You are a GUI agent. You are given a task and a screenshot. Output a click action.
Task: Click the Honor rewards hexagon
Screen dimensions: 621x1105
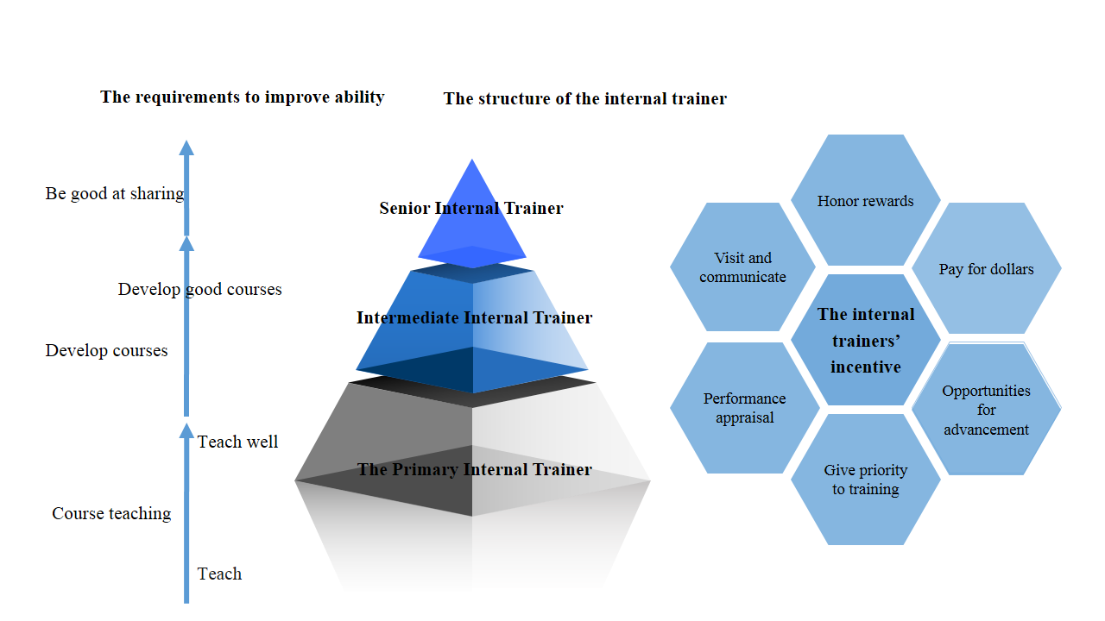point(865,201)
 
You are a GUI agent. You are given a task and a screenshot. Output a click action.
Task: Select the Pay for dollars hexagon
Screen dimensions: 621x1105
point(986,269)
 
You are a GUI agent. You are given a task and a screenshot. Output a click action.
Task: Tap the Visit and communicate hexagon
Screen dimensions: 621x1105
point(742,267)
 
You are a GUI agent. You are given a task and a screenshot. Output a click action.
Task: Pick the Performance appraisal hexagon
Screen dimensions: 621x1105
point(744,408)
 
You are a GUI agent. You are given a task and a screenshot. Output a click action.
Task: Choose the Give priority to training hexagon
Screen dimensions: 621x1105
point(865,480)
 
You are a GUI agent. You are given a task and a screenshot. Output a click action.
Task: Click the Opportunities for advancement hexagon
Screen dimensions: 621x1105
point(986,410)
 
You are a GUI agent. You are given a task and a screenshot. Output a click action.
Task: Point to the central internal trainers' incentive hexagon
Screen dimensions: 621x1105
point(866,340)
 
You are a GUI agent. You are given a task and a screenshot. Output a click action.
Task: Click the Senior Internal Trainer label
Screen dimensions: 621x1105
point(471,208)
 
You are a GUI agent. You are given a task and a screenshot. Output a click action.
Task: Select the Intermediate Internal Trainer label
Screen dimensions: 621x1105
point(474,317)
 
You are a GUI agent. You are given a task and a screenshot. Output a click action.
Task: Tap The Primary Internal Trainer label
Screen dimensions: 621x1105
point(474,469)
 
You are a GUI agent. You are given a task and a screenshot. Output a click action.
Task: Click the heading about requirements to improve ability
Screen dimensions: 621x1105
point(243,97)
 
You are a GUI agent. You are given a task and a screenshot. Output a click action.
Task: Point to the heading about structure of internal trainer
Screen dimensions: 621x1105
point(585,98)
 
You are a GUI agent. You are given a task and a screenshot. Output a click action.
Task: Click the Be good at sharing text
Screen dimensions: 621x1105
point(114,193)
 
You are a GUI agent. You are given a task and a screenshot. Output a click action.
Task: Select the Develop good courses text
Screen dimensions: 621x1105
point(199,289)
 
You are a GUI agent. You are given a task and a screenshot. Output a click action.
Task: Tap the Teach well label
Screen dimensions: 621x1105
point(237,442)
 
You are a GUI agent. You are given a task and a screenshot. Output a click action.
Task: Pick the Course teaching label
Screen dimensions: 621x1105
point(111,513)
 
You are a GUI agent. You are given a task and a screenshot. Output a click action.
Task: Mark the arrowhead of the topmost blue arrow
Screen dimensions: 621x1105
point(186,147)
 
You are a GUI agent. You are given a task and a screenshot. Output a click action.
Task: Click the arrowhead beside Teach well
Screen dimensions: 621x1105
point(186,430)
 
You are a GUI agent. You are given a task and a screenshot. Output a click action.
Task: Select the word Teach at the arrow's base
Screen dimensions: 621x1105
point(219,574)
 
